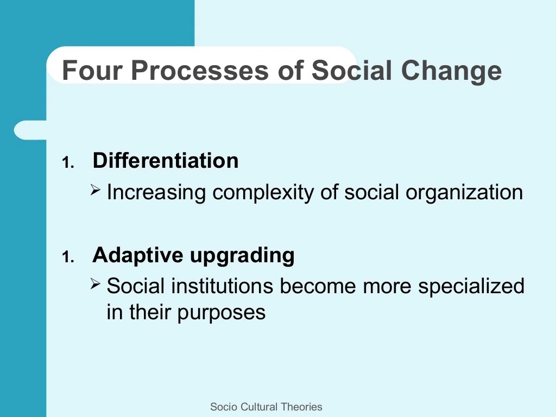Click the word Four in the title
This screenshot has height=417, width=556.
(92, 70)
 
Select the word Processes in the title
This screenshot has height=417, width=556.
(200, 70)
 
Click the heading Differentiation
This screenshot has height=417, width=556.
(166, 160)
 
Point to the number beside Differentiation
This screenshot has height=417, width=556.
(68, 163)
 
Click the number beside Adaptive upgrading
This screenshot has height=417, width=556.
(68, 257)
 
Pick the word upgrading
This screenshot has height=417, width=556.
(243, 256)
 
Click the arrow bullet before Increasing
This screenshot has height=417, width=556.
(95, 189)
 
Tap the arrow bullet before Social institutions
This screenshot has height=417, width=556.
(95, 283)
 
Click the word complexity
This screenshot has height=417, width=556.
(263, 193)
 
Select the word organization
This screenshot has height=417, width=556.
(464, 193)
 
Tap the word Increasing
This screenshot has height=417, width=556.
(156, 193)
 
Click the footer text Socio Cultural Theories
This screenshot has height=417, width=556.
(266, 407)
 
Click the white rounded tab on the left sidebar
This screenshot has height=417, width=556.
(30, 130)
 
